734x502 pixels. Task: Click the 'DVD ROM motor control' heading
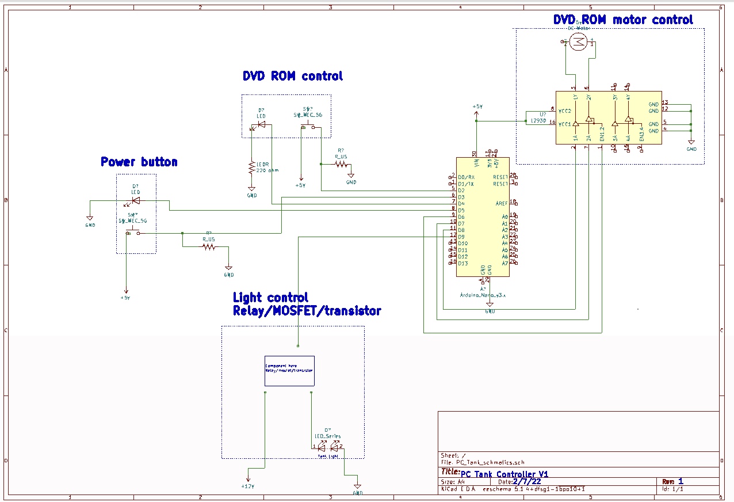pos(623,20)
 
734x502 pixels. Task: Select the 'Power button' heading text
pos(139,162)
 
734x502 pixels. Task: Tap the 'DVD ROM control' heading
pos(292,76)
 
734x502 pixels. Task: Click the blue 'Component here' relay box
pos(289,370)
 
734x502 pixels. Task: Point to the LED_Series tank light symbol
pos(328,446)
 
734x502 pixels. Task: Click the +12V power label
pos(248,486)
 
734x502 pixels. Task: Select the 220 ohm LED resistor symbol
pos(251,168)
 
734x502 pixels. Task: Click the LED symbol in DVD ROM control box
pos(261,124)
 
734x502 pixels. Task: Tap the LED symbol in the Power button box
pos(135,200)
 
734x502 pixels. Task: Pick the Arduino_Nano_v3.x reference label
pos(482,294)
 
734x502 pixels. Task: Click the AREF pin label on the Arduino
pos(501,204)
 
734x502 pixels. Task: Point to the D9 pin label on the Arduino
pos(462,237)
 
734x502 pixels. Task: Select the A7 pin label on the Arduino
pos(504,263)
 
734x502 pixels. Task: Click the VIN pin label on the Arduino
pos(476,163)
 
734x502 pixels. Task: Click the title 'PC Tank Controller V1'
pos(504,473)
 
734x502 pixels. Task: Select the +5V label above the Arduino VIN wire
pos(477,107)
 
